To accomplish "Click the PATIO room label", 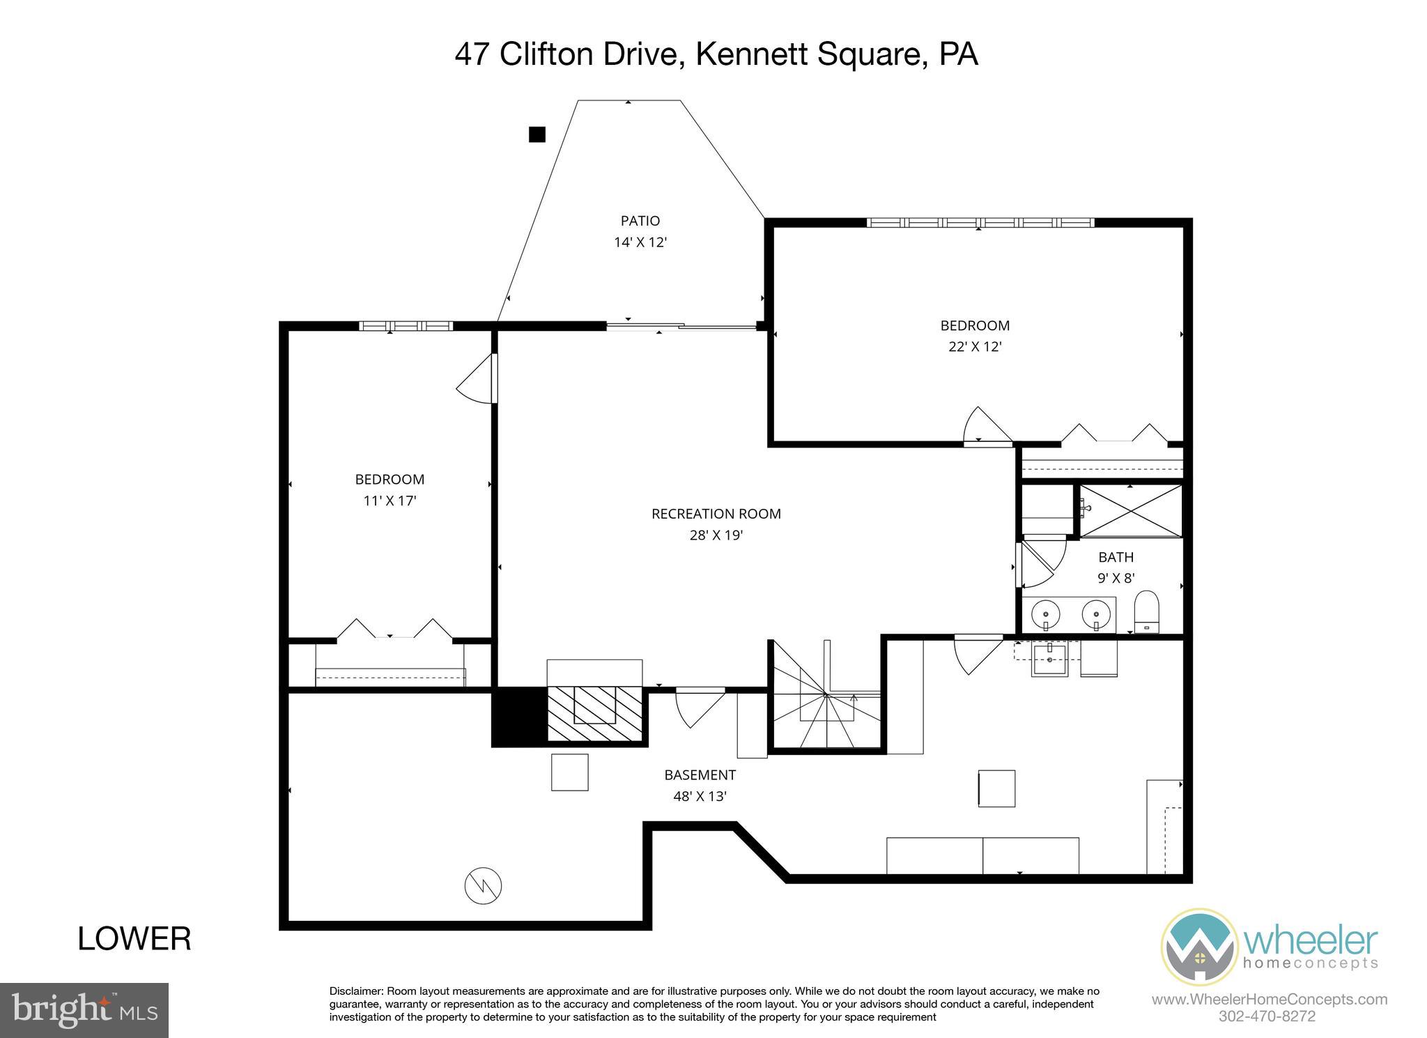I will point(640,221).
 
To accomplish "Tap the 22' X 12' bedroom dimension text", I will point(975,347).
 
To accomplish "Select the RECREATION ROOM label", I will point(716,514).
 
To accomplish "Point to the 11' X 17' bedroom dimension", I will point(389,501).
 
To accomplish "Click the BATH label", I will point(1116,557).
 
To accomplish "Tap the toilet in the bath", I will point(1146,611).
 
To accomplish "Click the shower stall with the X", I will point(1130,512).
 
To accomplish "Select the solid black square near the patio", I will point(537,135).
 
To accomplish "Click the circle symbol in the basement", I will point(483,886).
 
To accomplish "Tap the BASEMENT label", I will point(700,774).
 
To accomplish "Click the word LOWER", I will point(134,939).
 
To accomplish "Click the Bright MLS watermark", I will point(84,1010).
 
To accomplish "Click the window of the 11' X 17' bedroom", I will point(406,326).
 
